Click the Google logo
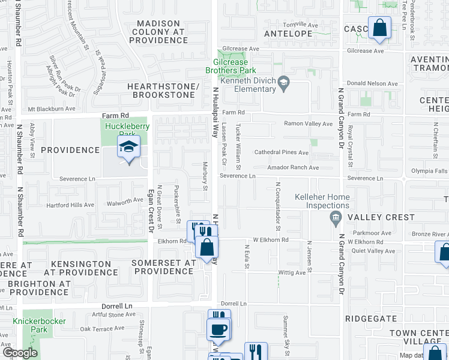[x=19, y=353]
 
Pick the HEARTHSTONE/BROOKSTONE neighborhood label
[x=163, y=91]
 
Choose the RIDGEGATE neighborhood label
[x=370, y=319]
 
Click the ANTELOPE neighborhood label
[x=288, y=34]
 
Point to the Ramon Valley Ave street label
[x=308, y=124]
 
